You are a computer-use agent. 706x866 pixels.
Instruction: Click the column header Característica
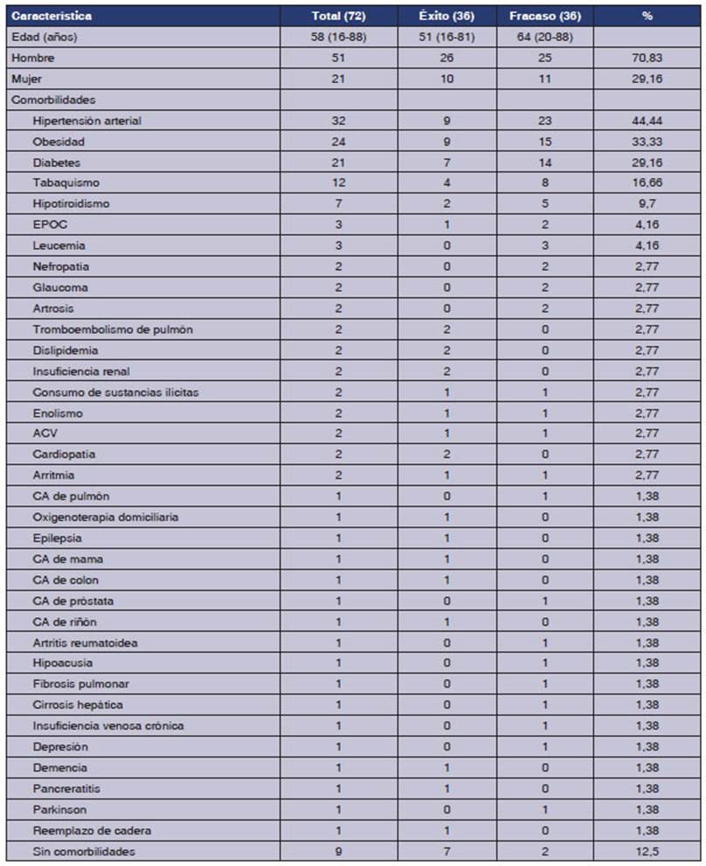pyautogui.click(x=51, y=16)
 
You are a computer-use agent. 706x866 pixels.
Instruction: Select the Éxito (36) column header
pyautogui.click(x=446, y=16)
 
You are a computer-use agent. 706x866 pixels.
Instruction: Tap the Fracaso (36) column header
pyautogui.click(x=544, y=16)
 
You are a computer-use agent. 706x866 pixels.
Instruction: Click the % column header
pyautogui.click(x=647, y=16)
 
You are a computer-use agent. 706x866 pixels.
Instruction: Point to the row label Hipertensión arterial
pyautogui.click(x=87, y=121)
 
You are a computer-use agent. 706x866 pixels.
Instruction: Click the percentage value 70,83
pyautogui.click(x=647, y=58)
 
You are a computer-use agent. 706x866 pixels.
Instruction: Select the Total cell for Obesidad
pyautogui.click(x=338, y=142)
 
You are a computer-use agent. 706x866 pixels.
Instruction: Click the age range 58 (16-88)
pyautogui.click(x=338, y=37)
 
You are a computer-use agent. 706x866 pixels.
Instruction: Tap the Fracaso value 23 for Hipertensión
pyautogui.click(x=544, y=121)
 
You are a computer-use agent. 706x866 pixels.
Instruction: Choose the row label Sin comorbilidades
pyautogui.click(x=84, y=851)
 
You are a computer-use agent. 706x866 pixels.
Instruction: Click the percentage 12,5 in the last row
pyautogui.click(x=647, y=851)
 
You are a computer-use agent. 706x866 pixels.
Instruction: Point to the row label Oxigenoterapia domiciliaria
pyautogui.click(x=106, y=517)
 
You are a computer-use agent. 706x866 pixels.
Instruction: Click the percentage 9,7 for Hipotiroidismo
pyautogui.click(x=647, y=204)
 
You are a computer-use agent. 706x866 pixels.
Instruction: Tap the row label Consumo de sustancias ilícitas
pyautogui.click(x=115, y=391)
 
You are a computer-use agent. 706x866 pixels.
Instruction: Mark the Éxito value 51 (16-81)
pyautogui.click(x=446, y=37)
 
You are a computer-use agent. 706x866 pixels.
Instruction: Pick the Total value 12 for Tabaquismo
pyautogui.click(x=338, y=183)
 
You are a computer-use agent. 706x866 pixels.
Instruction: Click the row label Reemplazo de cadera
pyautogui.click(x=86, y=830)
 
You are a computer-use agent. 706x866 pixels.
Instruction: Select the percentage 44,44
pyautogui.click(x=647, y=121)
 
